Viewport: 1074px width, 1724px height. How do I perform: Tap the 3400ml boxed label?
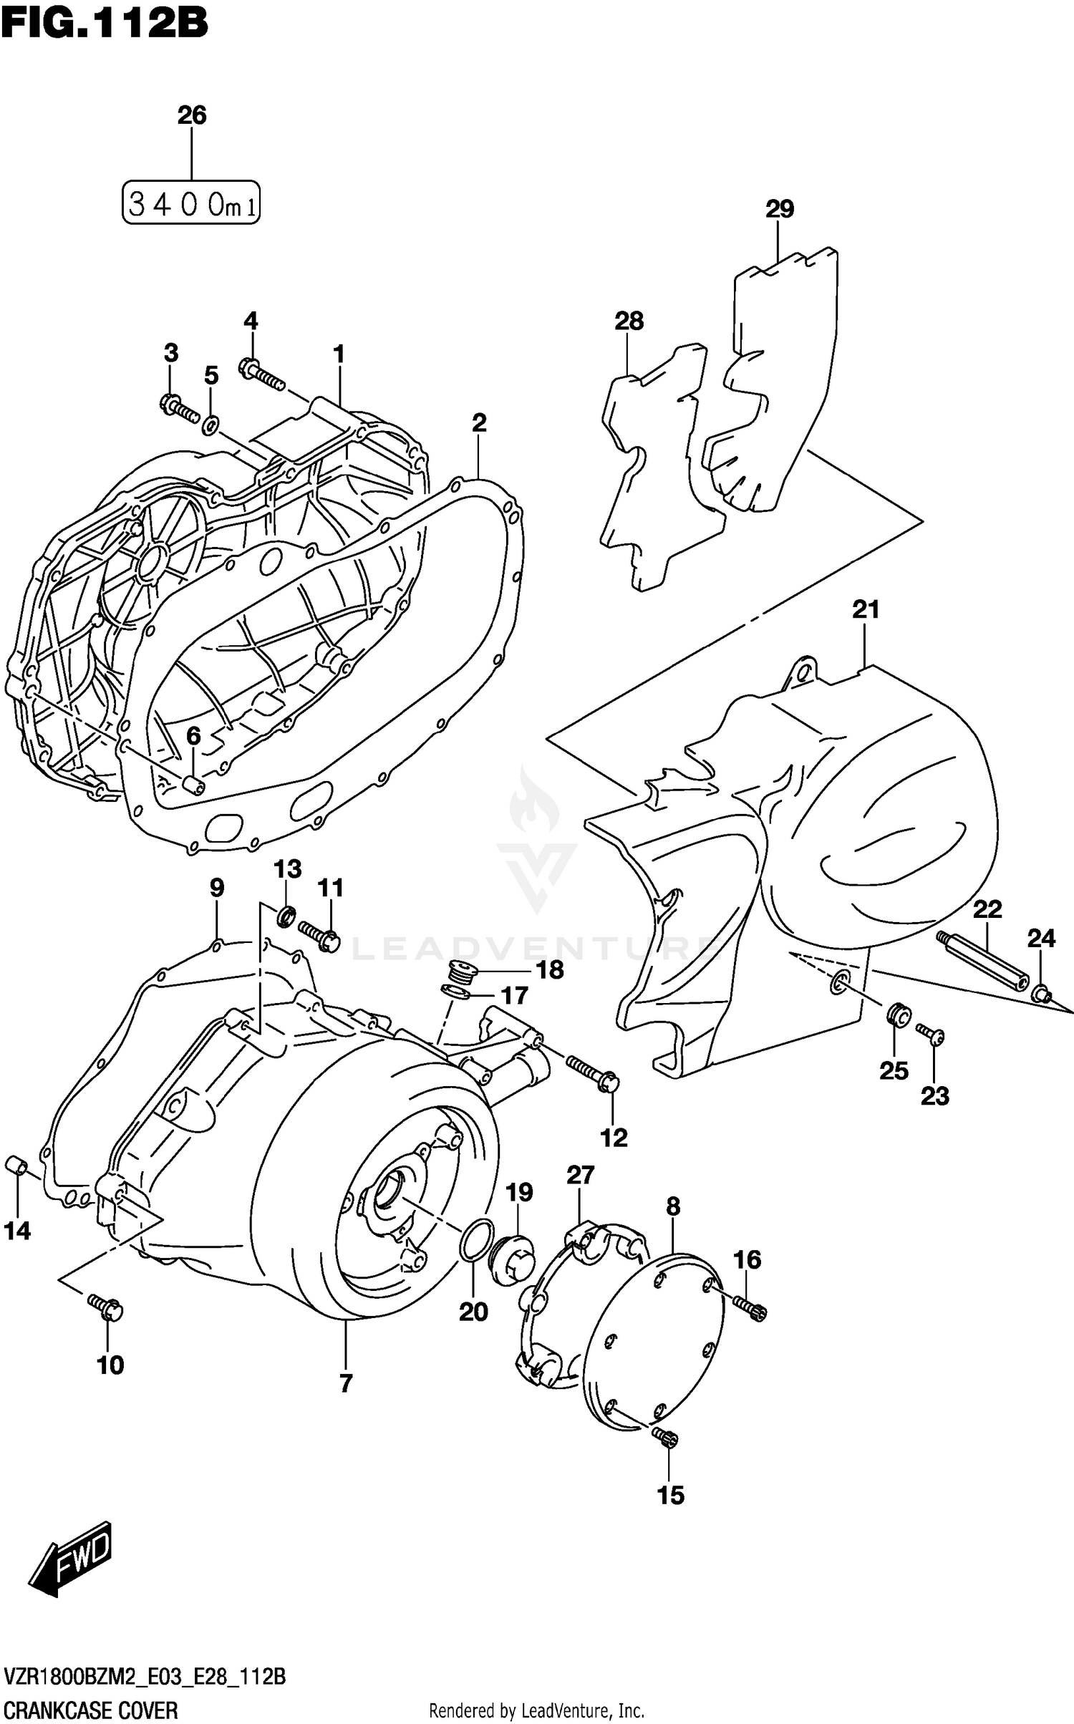click(190, 203)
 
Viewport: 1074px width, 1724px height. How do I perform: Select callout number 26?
click(192, 115)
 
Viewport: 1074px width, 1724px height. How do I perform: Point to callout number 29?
click(779, 209)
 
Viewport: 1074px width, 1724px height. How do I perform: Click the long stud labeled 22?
click(982, 959)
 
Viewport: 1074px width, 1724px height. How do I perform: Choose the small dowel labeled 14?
click(16, 1166)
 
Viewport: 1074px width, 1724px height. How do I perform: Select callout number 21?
click(865, 610)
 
